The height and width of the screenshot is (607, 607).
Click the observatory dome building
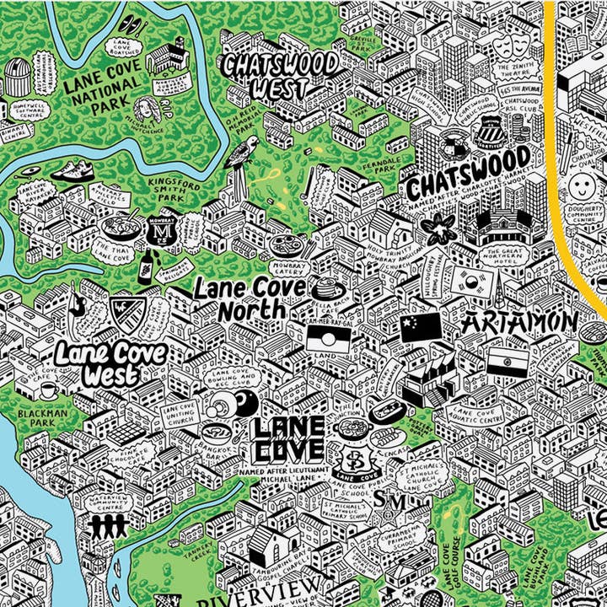[18, 77]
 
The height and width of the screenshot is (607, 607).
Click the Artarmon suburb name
[519, 322]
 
